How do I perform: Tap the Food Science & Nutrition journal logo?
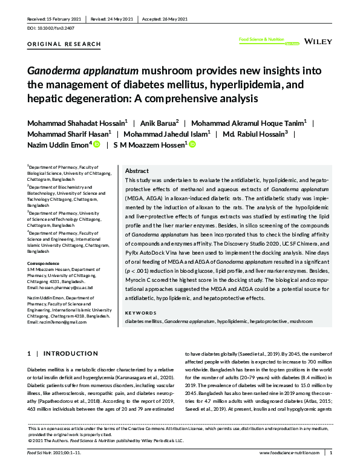pos(261,41)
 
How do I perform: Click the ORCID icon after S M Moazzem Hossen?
pos(193,145)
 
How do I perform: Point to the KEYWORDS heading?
pos(140,313)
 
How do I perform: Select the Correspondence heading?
pos(47,264)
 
